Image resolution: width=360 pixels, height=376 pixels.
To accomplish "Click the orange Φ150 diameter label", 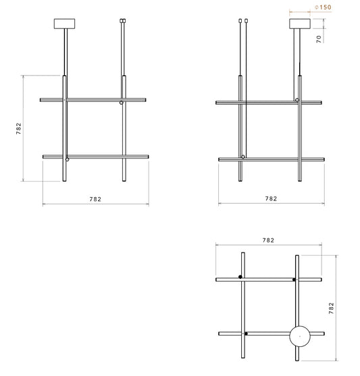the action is tap(323, 7).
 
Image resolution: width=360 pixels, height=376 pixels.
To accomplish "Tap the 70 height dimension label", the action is tap(319, 39).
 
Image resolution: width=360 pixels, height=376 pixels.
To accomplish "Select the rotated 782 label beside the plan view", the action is tap(331, 308).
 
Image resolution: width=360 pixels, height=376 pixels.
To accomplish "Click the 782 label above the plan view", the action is tap(268, 240).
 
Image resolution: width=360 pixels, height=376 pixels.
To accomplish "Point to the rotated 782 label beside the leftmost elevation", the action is tap(18, 128).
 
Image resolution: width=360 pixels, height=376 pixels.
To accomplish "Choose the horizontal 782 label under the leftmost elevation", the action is tap(95, 199).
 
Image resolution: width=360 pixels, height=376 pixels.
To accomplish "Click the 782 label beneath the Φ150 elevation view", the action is tap(271, 198).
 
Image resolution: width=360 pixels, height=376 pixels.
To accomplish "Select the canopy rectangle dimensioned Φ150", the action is tap(300, 24).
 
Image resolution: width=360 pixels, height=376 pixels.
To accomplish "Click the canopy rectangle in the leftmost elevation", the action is tap(64, 24).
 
